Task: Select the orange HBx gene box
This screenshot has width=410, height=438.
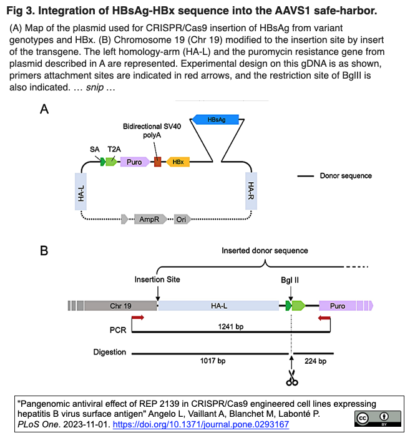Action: pos(178,162)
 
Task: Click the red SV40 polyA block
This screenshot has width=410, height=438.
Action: pos(158,162)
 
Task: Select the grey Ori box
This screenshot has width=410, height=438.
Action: pos(180,219)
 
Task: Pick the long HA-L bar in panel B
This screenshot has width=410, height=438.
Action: pos(219,306)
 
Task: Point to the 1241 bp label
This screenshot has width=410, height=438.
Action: pos(231,326)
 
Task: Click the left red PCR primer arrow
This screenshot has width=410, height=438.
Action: pos(138,318)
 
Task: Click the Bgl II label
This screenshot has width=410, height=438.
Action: pos(290,280)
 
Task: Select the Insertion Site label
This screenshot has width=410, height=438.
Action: pos(157,280)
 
